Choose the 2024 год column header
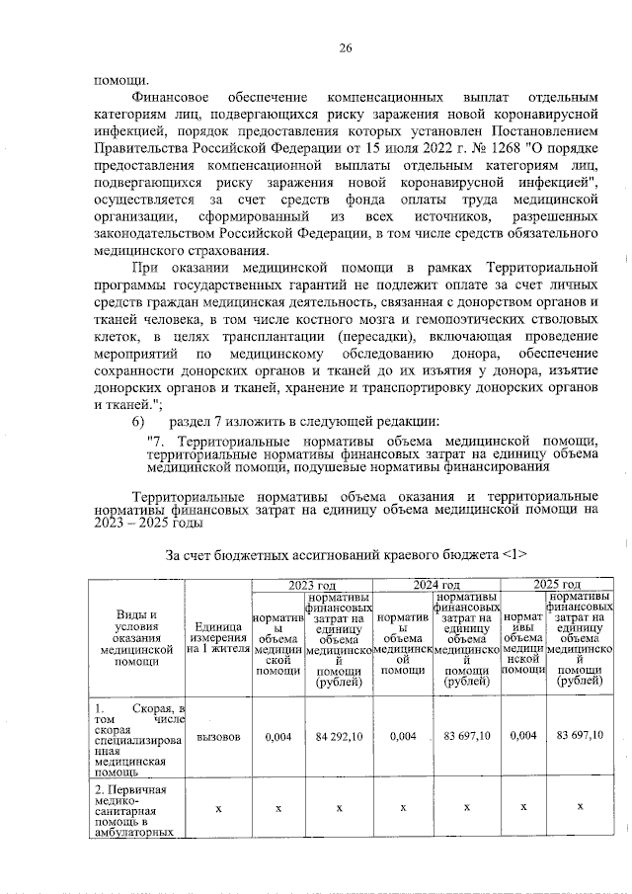(x=436, y=586)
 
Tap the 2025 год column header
(x=557, y=586)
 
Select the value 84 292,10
(x=339, y=736)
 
